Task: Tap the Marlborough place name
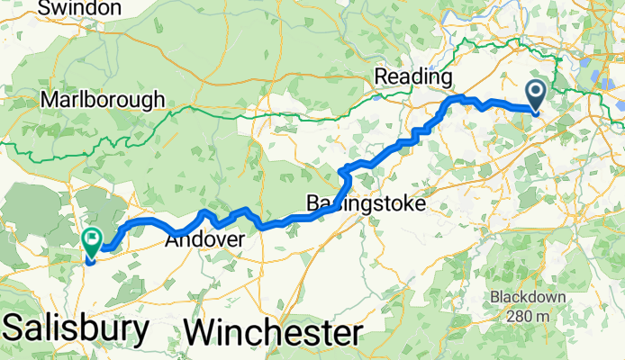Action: [102, 99]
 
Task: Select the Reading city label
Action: [412, 76]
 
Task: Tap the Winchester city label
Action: [273, 332]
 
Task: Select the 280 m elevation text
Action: [531, 316]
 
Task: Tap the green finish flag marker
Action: [92, 239]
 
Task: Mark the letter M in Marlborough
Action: [48, 99]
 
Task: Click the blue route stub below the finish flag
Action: [90, 261]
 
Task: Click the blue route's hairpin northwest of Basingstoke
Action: [340, 171]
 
